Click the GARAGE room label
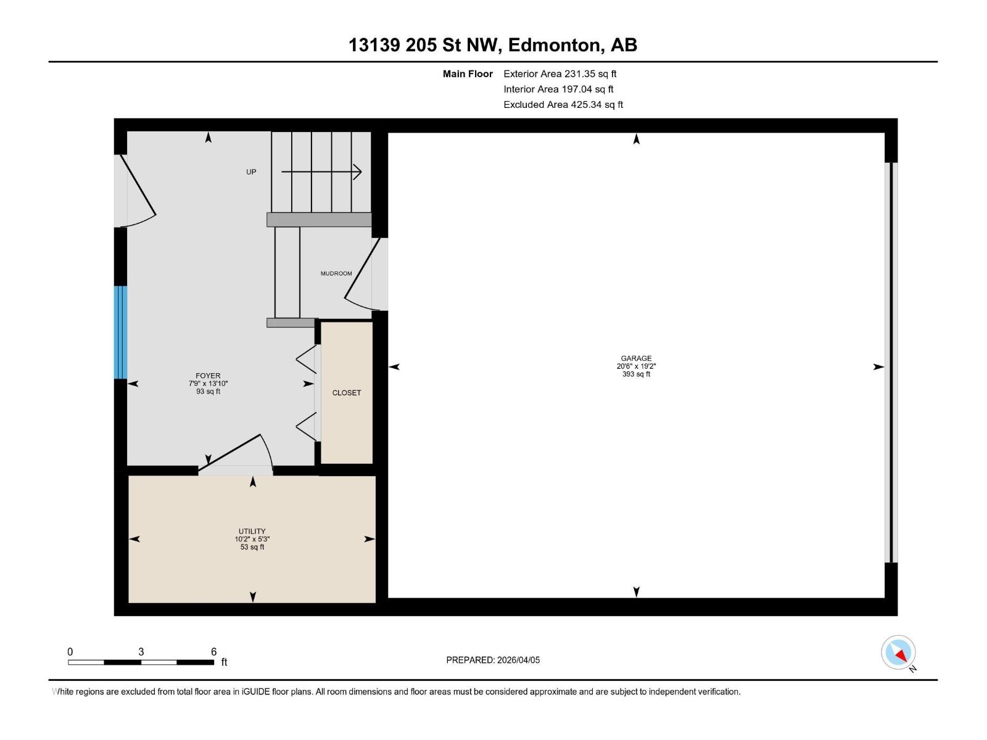tap(636, 358)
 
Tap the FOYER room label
tap(208, 376)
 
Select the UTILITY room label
tap(252, 531)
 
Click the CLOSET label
tap(347, 393)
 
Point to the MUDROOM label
tap(336, 273)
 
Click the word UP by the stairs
tap(251, 172)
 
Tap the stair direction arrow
tap(321, 172)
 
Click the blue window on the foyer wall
tap(120, 332)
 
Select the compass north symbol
tap(899, 653)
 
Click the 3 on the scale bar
tap(141, 652)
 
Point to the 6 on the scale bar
tap(213, 652)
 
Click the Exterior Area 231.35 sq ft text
tap(560, 74)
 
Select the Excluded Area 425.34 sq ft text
tap(563, 105)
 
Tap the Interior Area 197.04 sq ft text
tap(558, 89)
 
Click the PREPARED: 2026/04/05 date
tap(493, 660)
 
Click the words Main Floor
tap(468, 74)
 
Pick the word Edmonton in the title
tap(555, 45)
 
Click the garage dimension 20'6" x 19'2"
tap(636, 366)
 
